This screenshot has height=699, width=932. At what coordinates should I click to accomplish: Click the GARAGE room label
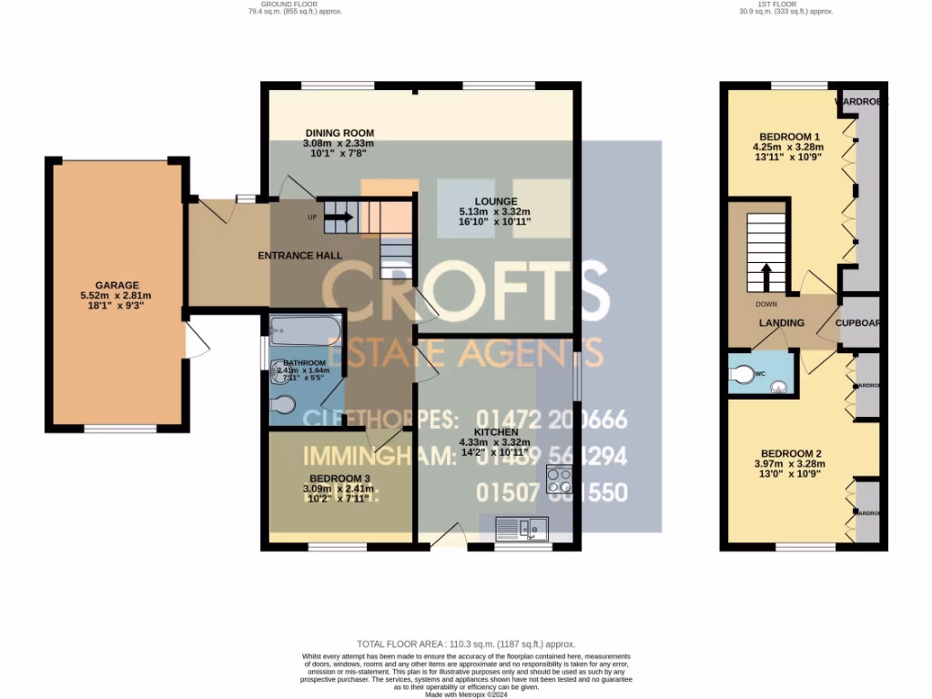click(x=116, y=285)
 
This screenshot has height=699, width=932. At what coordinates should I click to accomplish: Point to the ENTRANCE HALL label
click(x=300, y=256)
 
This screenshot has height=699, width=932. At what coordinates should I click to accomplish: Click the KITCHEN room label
click(x=496, y=432)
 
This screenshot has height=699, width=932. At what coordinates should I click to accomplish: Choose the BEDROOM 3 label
click(x=339, y=479)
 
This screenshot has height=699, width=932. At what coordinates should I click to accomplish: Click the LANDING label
click(x=782, y=323)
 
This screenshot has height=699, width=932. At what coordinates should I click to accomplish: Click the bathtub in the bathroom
click(x=306, y=328)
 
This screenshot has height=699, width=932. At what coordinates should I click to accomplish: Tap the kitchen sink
click(x=522, y=526)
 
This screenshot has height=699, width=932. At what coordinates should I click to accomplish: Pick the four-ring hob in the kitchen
click(x=558, y=480)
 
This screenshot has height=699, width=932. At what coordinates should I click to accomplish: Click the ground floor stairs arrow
click(x=338, y=218)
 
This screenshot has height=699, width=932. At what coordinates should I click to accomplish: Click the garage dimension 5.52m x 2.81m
click(x=116, y=296)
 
